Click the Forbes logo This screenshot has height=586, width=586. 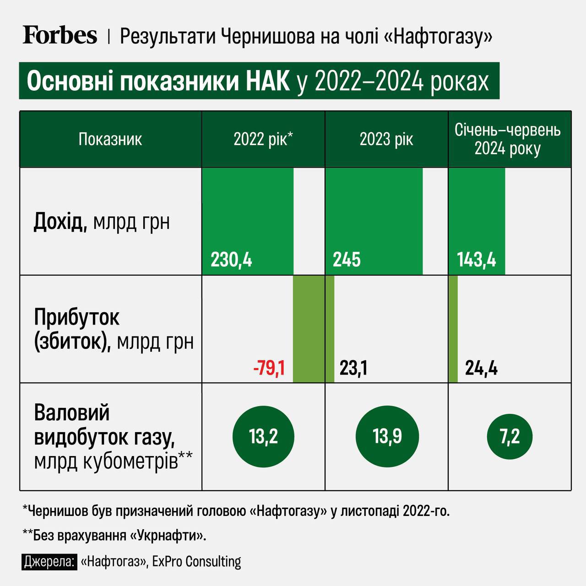60,35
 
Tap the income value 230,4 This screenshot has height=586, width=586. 231,260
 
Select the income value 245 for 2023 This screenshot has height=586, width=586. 347,260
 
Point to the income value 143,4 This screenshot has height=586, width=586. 476,260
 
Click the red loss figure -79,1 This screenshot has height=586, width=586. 269,368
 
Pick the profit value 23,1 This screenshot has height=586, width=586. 353,368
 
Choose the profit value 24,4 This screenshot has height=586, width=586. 481,368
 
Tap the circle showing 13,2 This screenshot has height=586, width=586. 264,436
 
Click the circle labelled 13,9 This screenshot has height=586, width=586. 387,436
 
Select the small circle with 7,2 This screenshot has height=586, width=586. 510,436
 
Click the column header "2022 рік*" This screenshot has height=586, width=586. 263,139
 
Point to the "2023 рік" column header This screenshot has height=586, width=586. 386,139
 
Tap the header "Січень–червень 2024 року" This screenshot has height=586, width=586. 508,139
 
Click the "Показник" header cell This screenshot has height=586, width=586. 110,139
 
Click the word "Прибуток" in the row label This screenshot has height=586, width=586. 77,317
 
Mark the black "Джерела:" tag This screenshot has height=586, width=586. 49,561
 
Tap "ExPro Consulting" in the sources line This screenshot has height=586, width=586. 197,561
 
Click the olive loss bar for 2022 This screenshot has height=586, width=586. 309,329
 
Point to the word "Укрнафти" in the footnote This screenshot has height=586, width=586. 168,536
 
